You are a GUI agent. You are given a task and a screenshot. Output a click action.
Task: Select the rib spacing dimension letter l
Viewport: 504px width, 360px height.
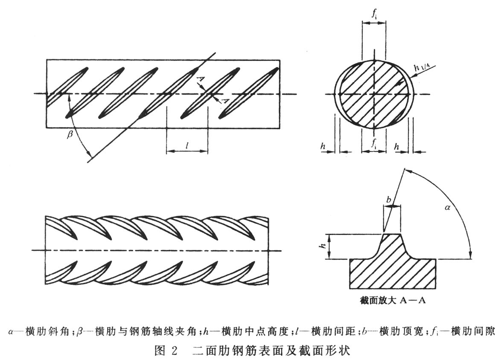[187, 146]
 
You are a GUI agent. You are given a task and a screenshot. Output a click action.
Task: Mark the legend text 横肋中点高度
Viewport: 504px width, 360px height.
[248, 331]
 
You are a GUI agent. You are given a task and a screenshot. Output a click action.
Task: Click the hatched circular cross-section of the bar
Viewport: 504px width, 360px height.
[374, 93]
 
